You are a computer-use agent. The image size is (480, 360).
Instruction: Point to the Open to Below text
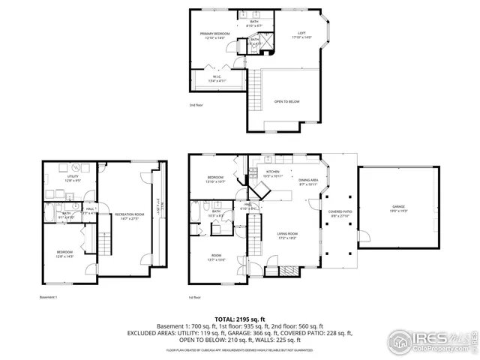click(287, 102)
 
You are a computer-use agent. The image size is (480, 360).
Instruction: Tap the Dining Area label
click(308, 181)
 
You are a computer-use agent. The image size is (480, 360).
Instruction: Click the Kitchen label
click(273, 172)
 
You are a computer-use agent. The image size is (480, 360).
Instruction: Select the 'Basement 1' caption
click(49, 297)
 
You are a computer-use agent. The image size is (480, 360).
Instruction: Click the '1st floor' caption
click(194, 297)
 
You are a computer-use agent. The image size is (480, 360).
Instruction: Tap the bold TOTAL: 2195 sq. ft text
click(240, 319)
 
